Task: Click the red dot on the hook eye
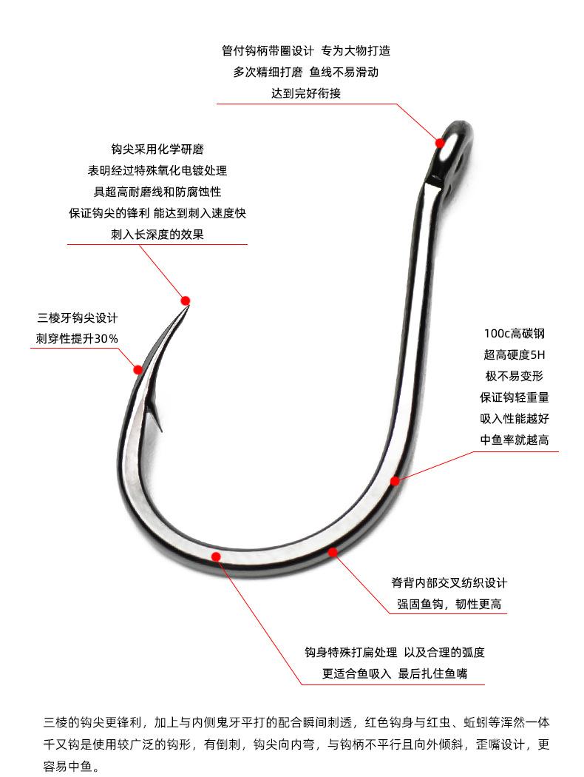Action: [x=440, y=142]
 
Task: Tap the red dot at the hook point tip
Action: [x=186, y=300]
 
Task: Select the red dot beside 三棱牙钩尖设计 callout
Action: [x=137, y=369]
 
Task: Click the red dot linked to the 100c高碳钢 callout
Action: [x=395, y=481]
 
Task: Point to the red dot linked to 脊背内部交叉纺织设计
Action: [x=333, y=552]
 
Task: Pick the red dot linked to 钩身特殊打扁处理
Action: [x=215, y=556]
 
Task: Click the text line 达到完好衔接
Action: [x=305, y=94]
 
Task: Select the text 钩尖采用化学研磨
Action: [x=157, y=148]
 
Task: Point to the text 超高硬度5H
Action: [x=514, y=354]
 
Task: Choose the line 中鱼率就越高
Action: [x=514, y=440]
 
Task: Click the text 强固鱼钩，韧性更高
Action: [x=449, y=604]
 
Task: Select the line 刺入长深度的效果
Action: [x=157, y=234]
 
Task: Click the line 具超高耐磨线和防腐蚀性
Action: [x=157, y=191]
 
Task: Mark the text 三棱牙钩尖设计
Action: [x=77, y=317]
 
